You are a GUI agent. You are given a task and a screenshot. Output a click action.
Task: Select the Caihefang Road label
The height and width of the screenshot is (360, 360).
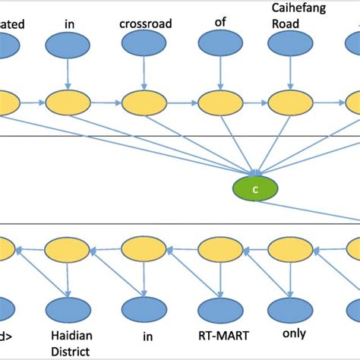(293, 16)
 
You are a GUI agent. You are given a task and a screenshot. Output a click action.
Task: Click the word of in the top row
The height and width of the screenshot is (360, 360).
(220, 24)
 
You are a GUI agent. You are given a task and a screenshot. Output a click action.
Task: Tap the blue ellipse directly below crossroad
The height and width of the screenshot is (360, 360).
(144, 47)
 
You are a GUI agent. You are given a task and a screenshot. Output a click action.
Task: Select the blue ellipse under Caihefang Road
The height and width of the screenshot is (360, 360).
(293, 47)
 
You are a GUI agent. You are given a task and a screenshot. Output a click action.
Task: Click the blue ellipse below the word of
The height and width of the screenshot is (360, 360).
(220, 47)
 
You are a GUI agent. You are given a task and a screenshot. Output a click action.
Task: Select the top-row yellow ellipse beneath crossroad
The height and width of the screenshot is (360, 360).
(144, 102)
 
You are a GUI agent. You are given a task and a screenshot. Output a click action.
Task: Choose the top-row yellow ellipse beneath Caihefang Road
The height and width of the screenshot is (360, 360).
(293, 102)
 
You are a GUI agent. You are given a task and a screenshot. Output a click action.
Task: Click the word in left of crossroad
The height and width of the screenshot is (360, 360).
(69, 24)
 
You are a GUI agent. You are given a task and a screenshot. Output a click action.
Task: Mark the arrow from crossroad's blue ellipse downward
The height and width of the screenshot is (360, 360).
(144, 74)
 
